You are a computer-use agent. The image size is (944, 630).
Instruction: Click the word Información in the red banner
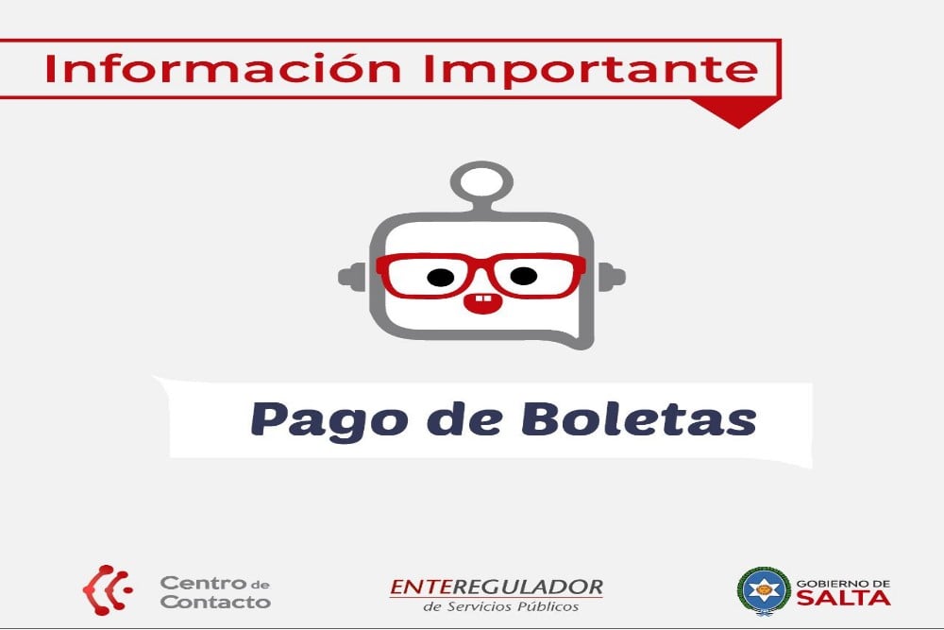coord(222,68)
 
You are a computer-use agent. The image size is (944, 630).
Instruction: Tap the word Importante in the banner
coord(591,70)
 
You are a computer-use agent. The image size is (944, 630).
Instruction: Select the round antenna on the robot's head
coord(481,181)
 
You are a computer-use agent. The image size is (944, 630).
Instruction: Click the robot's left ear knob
coord(351,277)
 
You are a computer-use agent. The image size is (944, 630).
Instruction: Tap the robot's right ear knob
coord(612,278)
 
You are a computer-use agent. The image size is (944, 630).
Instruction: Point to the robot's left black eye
coord(441,277)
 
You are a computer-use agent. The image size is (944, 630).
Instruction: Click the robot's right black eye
coord(524,276)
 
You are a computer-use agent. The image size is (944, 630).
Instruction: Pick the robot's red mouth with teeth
coord(481,300)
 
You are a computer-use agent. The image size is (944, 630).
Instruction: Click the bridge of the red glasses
coord(481,265)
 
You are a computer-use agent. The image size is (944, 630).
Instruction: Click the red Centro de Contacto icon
coord(108,589)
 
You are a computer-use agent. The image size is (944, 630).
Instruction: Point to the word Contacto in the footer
coord(215,602)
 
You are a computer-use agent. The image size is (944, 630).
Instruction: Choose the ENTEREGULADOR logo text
coord(497,587)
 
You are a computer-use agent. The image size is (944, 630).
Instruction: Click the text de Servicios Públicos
coord(501,606)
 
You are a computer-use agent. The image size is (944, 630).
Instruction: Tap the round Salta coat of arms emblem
coord(764,590)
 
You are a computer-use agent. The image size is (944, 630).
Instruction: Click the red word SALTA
coord(843,598)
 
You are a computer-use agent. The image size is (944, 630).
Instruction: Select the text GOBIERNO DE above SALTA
coord(843,584)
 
